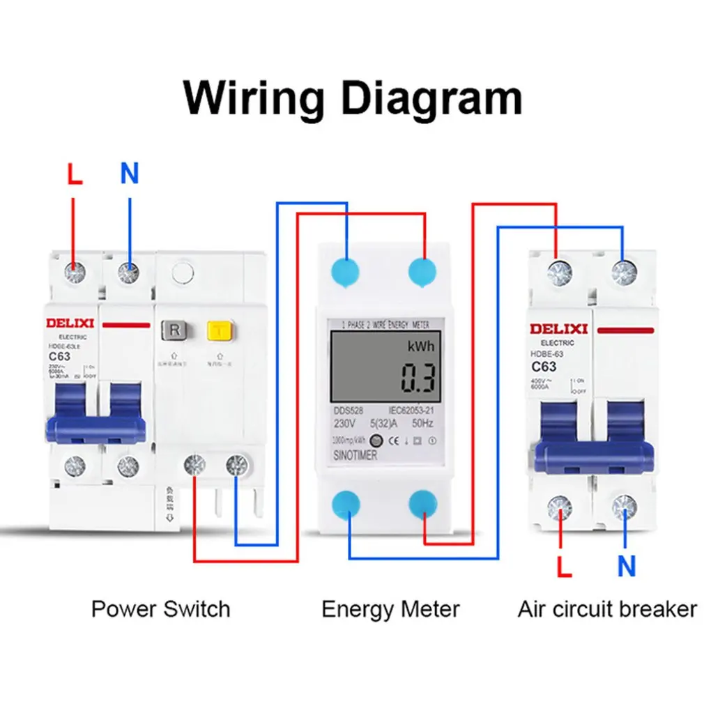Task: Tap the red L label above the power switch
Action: pyautogui.click(x=75, y=174)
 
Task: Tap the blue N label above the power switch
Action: pyautogui.click(x=130, y=174)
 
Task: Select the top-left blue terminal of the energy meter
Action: pyautogui.click(x=346, y=270)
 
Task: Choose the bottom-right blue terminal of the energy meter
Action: pyautogui.click(x=423, y=503)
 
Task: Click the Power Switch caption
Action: pyautogui.click(x=160, y=609)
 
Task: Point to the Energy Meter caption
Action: pyautogui.click(x=390, y=609)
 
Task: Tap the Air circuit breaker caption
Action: pyautogui.click(x=607, y=609)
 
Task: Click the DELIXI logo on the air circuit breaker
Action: pyautogui.click(x=558, y=328)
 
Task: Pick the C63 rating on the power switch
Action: pyautogui.click(x=60, y=356)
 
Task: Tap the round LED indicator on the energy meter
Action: pyautogui.click(x=375, y=441)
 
